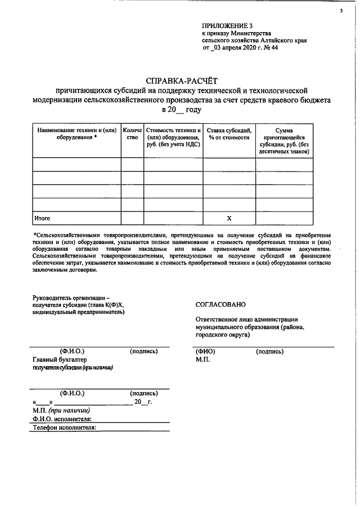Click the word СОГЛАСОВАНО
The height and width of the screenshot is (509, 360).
[x=220, y=304]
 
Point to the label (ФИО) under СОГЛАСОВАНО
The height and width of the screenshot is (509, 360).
[x=205, y=352]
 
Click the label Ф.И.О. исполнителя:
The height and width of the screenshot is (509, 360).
[x=62, y=418]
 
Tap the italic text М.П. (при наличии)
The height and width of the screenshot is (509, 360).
[x=61, y=410]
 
